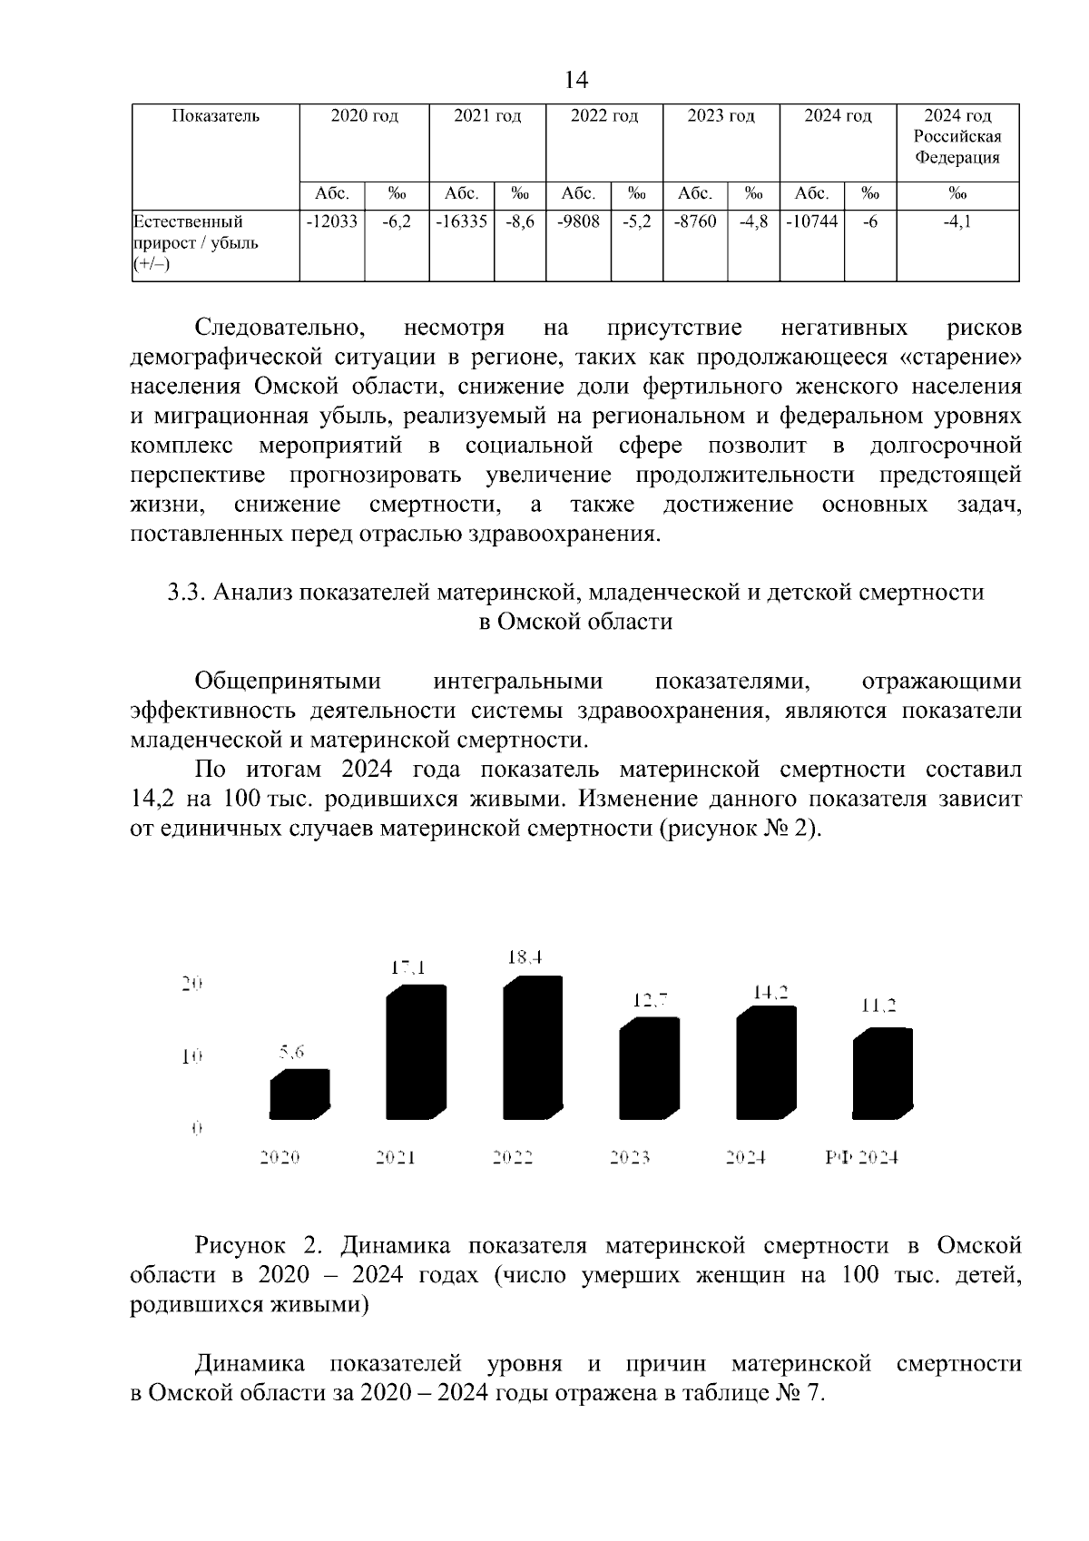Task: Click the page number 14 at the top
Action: pos(575,81)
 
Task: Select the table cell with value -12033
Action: pos(331,221)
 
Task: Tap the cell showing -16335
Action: pos(461,221)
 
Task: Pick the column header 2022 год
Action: pos(603,116)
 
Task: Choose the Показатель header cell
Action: pos(215,116)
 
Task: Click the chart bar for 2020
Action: pos(299,1094)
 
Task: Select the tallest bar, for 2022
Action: pos(532,1048)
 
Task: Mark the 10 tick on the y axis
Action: pos(191,1056)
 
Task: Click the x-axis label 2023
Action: pos(630,1158)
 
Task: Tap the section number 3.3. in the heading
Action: pos(188,593)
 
